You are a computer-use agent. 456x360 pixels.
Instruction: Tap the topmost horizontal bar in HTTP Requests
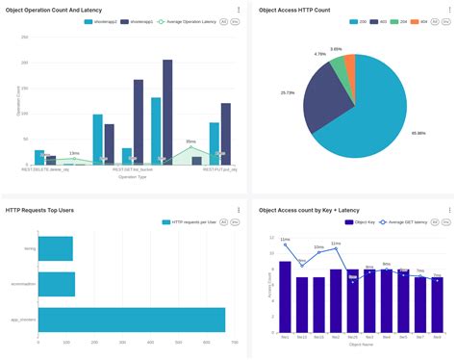[x=48, y=248]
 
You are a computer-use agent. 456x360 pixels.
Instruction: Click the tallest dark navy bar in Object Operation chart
[x=167, y=111]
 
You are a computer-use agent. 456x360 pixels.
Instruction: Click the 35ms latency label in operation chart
[x=190, y=141]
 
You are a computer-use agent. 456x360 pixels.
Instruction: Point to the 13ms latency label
[x=74, y=153]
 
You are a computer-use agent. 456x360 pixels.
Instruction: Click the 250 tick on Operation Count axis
[x=23, y=37]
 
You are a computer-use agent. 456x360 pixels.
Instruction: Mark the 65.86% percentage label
[x=418, y=132]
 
